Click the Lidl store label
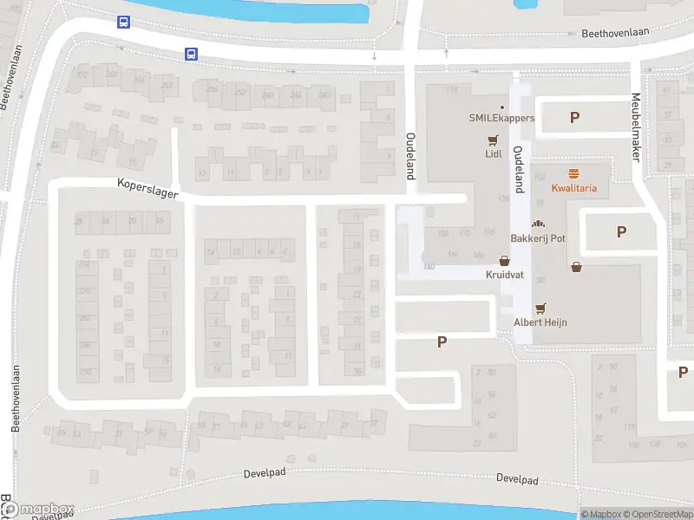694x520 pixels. [x=494, y=154]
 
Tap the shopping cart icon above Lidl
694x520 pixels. [x=494, y=140]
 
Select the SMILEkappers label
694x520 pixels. [x=502, y=118]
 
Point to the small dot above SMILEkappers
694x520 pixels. [x=502, y=106]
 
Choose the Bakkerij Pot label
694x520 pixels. [x=537, y=237]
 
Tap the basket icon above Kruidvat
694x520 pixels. [x=504, y=260]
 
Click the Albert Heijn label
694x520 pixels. [x=541, y=322]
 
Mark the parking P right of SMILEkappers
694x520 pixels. [x=574, y=118]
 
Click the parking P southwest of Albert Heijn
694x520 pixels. [x=442, y=342]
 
